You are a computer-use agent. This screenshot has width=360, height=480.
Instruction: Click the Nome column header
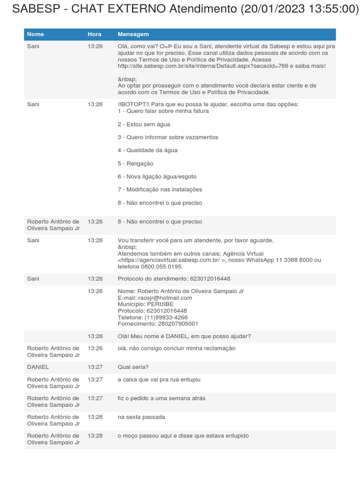36,34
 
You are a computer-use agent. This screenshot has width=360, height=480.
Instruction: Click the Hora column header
94,34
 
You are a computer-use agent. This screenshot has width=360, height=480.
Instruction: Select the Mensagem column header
133,34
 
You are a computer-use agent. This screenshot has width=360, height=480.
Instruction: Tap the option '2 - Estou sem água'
144,124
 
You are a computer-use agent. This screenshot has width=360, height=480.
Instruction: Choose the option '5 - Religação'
135,164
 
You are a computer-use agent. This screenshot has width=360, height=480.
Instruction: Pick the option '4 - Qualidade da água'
147,150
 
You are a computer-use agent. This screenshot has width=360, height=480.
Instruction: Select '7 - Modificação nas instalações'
160,189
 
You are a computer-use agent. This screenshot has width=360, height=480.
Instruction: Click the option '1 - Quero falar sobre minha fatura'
163,111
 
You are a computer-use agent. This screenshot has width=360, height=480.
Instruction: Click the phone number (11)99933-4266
166,317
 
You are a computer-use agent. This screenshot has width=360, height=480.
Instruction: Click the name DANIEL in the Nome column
38,367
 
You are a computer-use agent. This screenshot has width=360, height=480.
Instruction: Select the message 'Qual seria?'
133,367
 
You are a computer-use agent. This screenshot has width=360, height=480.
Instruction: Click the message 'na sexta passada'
141,417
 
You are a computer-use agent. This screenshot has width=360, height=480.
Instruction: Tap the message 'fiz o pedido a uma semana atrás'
161,398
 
